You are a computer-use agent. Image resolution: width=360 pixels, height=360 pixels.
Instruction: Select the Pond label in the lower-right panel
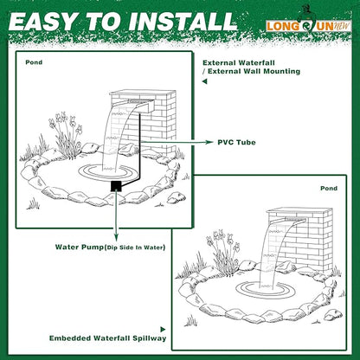[x=329, y=188]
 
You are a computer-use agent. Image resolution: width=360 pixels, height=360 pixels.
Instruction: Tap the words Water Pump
[x=80, y=247]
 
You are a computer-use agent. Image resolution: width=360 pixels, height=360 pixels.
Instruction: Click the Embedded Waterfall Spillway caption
[x=106, y=337]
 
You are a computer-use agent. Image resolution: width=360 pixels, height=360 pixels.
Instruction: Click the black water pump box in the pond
[x=113, y=185]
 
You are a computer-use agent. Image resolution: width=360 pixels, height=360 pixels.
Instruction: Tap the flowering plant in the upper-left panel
[x=64, y=134]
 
